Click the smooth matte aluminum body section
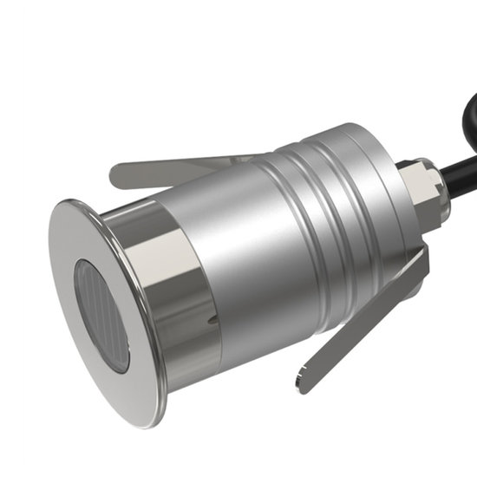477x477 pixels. pos(260,260)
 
